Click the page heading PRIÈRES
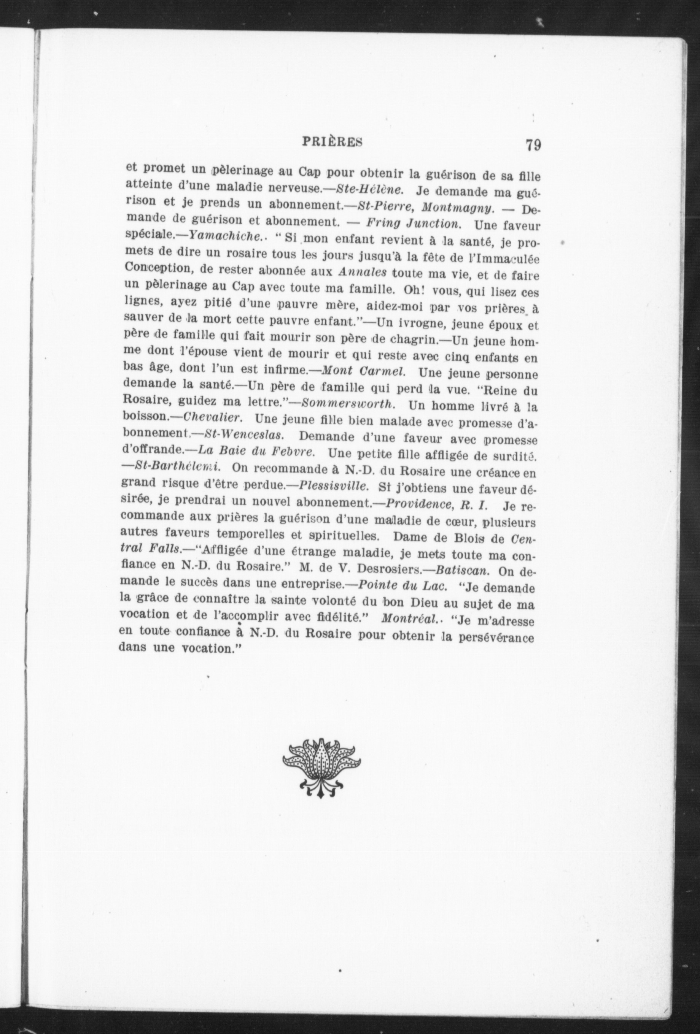tap(332, 141)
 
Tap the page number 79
tap(533, 146)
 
